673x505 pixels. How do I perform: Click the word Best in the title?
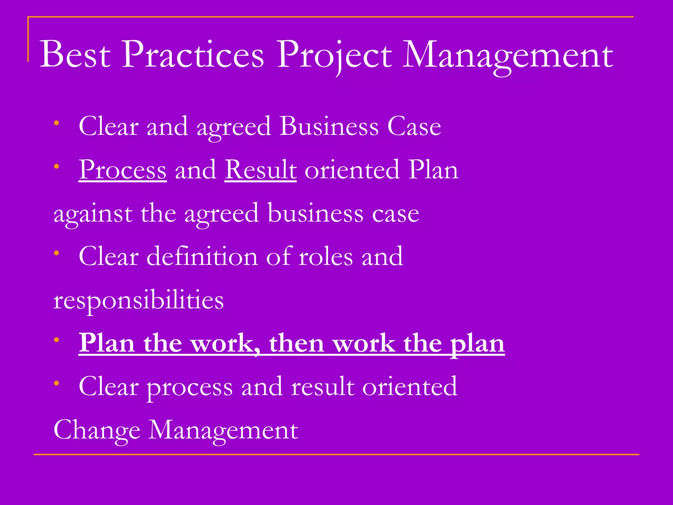pos(75,54)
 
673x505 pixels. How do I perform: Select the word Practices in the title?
pos(193,54)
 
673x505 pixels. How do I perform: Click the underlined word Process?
pos(123,170)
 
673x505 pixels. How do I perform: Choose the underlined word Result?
pos(261,170)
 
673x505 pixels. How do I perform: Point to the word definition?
pos(202,256)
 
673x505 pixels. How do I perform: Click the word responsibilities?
pos(138,301)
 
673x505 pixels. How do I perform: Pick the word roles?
pos(326,256)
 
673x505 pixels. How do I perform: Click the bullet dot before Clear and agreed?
pos(57,123)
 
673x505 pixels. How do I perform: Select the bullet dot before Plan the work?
pos(57,340)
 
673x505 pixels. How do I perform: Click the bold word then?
pos(297,343)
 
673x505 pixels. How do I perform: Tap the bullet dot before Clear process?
pos(57,383)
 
